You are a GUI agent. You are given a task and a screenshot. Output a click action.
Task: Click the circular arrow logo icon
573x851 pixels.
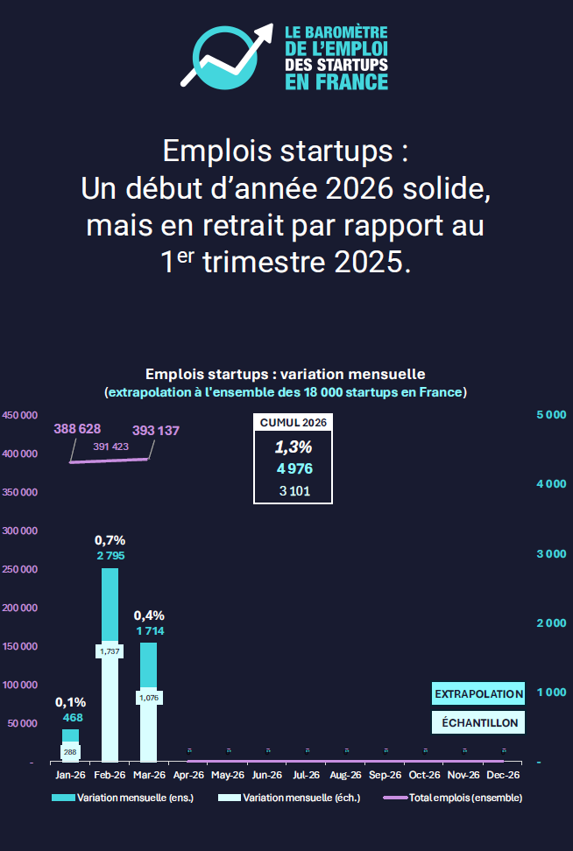tap(226, 56)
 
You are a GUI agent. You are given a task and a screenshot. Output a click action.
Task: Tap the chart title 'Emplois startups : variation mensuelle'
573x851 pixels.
tap(286, 374)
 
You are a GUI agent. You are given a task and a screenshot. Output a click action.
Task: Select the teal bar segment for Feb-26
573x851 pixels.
tap(110, 604)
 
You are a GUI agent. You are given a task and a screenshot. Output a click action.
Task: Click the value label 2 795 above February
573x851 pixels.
tap(110, 556)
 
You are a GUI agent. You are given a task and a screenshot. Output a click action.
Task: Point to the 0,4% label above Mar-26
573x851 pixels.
tap(149, 615)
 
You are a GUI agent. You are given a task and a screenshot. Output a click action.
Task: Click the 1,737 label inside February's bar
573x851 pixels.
tap(110, 651)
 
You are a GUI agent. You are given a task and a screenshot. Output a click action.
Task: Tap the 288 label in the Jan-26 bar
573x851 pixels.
tap(70, 751)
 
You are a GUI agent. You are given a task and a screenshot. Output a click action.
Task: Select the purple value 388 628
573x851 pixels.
tap(77, 429)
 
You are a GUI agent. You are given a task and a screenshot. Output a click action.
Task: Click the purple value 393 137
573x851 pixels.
tap(156, 430)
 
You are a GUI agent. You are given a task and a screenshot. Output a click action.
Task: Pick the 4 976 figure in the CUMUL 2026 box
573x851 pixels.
tap(294, 468)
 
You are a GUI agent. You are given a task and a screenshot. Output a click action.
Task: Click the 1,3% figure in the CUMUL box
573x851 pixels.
tap(294, 447)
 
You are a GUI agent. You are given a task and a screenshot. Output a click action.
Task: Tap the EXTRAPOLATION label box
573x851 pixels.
tap(478, 693)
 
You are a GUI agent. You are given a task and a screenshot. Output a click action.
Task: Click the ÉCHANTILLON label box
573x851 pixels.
tap(478, 722)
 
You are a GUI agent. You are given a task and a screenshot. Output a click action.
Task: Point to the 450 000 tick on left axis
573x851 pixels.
tap(19, 415)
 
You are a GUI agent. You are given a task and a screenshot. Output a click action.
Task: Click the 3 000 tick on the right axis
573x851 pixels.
tap(550, 554)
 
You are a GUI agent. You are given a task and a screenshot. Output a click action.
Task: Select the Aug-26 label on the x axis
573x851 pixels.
tap(345, 775)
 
